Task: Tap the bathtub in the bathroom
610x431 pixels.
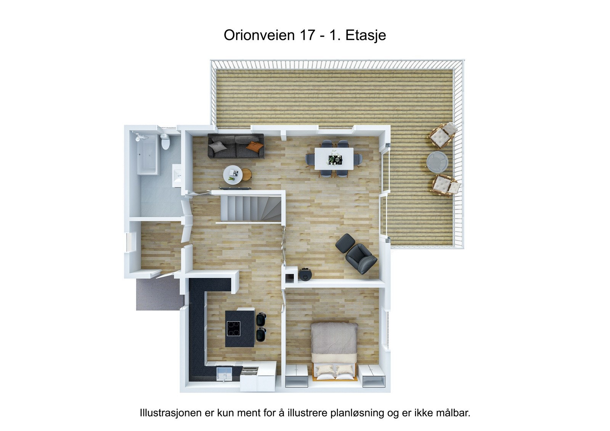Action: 148,154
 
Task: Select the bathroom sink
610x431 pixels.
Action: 177,176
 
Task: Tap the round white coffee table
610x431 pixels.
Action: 233,175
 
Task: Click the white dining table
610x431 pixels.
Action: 334,158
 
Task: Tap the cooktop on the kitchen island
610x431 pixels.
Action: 234,328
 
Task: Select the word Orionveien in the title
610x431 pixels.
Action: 259,35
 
